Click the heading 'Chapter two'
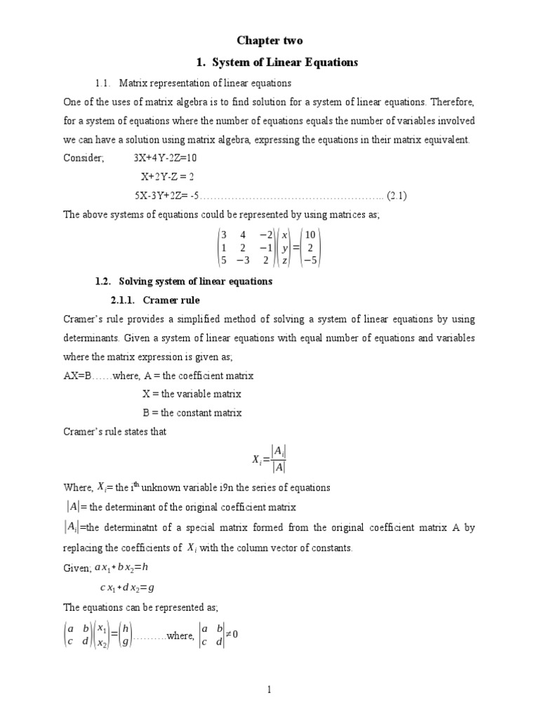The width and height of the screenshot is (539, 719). pos(269,41)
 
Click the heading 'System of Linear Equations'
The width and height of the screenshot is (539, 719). pos(275,62)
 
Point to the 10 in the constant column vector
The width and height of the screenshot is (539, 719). pos(311,235)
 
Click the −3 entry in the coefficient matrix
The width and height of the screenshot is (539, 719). pos(243,260)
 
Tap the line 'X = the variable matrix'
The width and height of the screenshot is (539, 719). pos(192,394)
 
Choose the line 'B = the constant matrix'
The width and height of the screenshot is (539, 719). pos(192,413)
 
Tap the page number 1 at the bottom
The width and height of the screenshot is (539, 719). pos(269,690)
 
